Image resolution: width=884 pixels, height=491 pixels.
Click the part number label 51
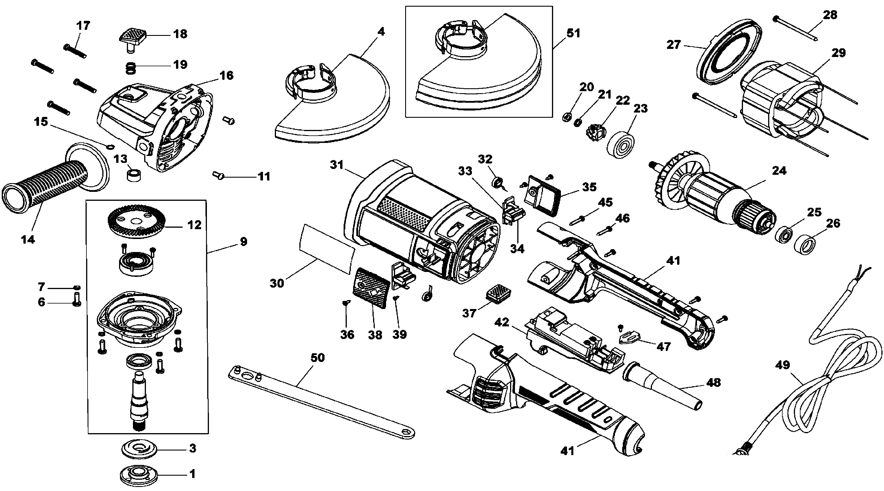coord(573,33)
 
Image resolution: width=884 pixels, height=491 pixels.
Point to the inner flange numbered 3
coord(139,448)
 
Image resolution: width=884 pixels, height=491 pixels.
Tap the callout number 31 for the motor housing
coord(337,165)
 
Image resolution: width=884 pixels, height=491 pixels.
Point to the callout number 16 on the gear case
coord(227,76)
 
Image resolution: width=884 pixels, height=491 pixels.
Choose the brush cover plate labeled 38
coord(371,290)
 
